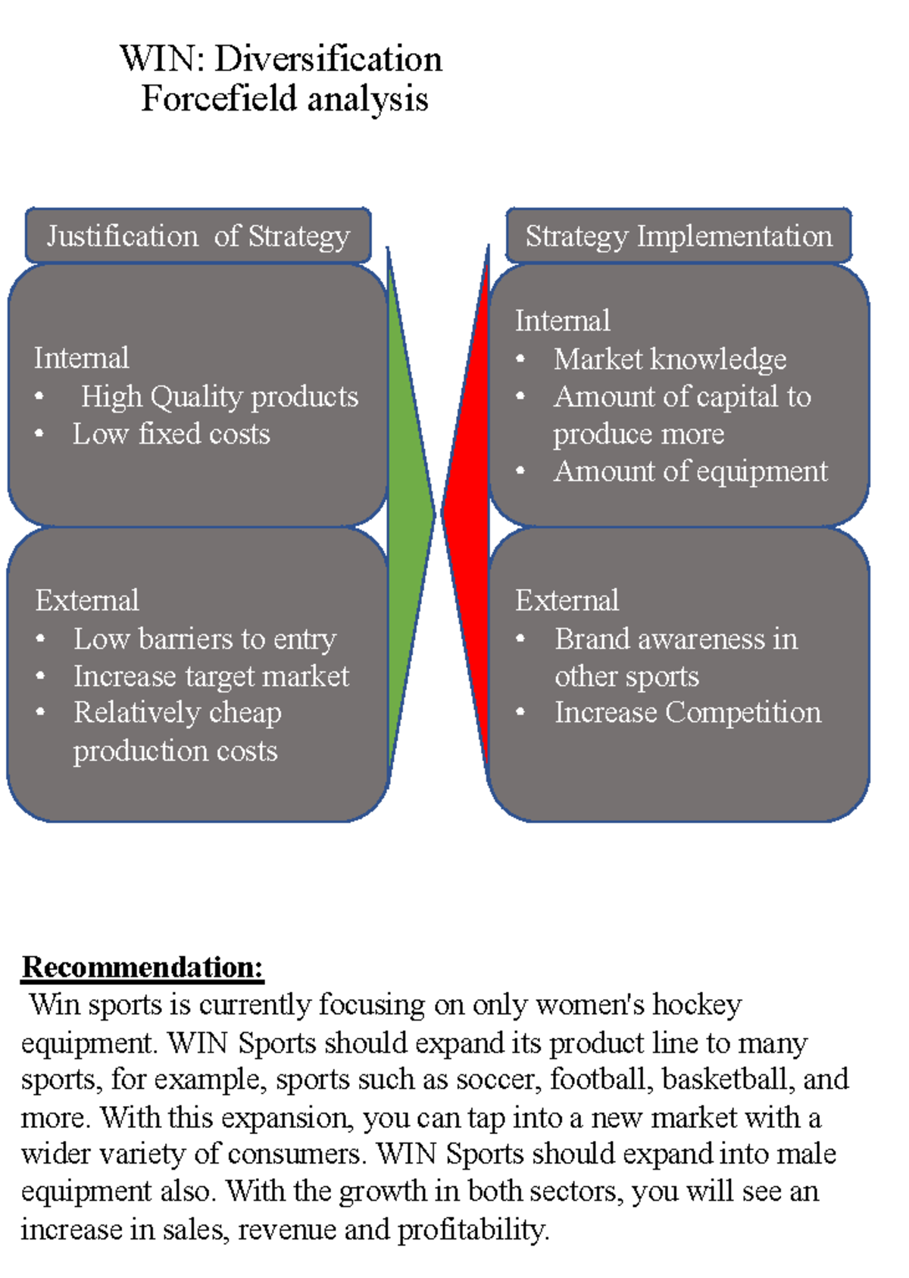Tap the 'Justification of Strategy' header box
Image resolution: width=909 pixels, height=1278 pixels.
pyautogui.click(x=198, y=235)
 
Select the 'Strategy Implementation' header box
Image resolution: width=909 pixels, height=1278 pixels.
pyautogui.click(x=679, y=235)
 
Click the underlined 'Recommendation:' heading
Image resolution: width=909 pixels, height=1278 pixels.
pyautogui.click(x=142, y=967)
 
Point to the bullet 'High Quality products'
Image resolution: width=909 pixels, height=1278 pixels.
pyautogui.click(x=220, y=396)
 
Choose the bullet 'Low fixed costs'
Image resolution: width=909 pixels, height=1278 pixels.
pyautogui.click(x=171, y=434)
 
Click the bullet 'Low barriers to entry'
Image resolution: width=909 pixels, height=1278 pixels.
pyautogui.click(x=205, y=639)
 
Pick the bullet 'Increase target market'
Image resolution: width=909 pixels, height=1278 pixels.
pyautogui.click(x=211, y=676)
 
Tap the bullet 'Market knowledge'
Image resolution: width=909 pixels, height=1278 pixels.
pyautogui.click(x=670, y=359)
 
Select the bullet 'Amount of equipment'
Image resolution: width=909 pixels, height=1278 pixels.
pyautogui.click(x=691, y=471)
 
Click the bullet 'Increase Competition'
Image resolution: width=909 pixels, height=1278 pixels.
pyautogui.click(x=688, y=712)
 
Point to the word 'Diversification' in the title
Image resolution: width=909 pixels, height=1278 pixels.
pyautogui.click(x=328, y=59)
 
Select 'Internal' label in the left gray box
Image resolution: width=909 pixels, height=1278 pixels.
pyautogui.click(x=82, y=358)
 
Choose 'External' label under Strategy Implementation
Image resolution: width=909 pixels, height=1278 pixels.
pyautogui.click(x=567, y=600)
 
